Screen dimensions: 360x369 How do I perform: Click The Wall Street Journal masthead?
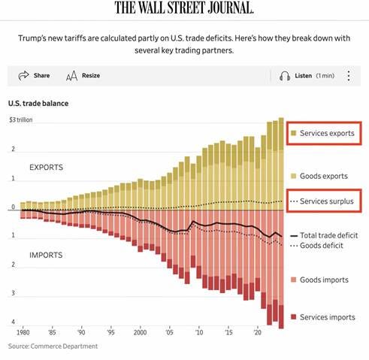184,9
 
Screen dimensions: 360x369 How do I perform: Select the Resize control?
83,76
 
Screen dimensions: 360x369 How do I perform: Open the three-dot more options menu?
349,76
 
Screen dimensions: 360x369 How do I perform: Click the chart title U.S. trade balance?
39,103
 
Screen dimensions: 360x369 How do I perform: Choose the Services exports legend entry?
321,133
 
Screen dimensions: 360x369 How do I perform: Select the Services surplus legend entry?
321,202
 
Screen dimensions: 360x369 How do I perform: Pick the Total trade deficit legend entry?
323,235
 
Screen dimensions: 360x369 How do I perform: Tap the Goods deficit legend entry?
319,246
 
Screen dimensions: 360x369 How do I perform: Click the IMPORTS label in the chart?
46,255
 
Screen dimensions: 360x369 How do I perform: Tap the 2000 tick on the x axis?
140,331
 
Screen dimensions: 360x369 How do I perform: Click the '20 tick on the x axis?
258,331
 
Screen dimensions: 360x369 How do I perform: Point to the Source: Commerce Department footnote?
53,346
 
